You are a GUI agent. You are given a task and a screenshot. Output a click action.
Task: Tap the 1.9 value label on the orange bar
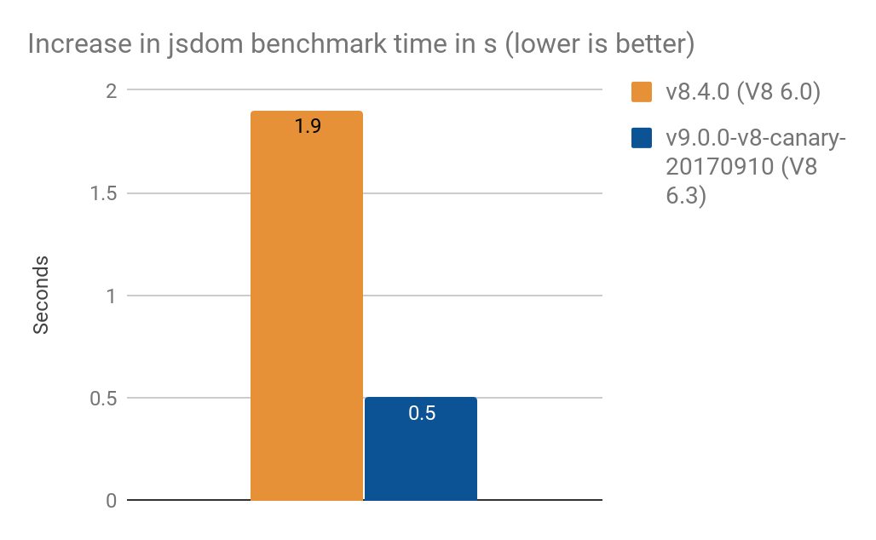coord(307,128)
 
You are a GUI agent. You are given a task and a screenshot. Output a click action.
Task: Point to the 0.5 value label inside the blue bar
coord(422,414)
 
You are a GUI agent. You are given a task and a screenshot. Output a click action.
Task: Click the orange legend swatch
coord(642,92)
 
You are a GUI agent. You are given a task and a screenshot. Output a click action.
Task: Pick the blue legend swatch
coord(642,138)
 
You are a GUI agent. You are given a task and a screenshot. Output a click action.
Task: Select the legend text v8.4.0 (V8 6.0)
coord(742,92)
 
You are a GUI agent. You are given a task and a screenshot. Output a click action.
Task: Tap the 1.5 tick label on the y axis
coord(101,193)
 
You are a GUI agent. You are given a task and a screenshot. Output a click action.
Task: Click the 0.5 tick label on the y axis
coord(101,398)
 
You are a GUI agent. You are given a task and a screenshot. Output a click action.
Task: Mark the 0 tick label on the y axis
coord(110,501)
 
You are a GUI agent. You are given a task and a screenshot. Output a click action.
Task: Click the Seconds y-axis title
coord(41,295)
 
